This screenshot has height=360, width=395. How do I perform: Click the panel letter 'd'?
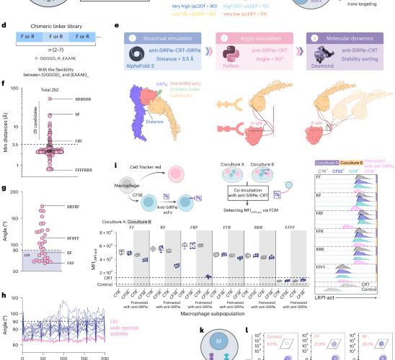pyautogui.click(x=5, y=25)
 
